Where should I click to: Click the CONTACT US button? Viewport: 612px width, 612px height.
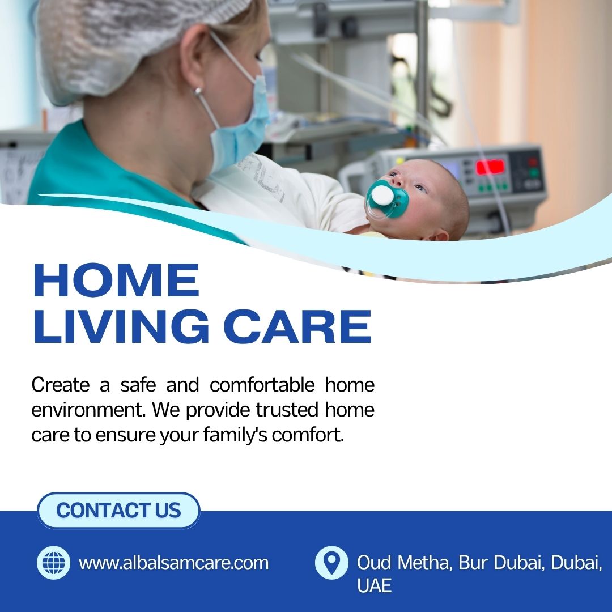coord(118,510)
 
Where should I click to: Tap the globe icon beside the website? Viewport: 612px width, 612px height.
coord(53,563)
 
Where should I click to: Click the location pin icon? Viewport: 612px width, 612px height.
coord(331,563)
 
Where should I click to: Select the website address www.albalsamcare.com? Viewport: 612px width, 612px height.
coord(174,563)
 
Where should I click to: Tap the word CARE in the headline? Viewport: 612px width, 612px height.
coord(297,326)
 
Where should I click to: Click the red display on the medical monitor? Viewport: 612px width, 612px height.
coord(490,167)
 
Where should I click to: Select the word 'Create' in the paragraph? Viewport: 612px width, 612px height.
coord(61,385)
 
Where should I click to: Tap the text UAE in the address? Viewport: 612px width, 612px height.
coord(374,585)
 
